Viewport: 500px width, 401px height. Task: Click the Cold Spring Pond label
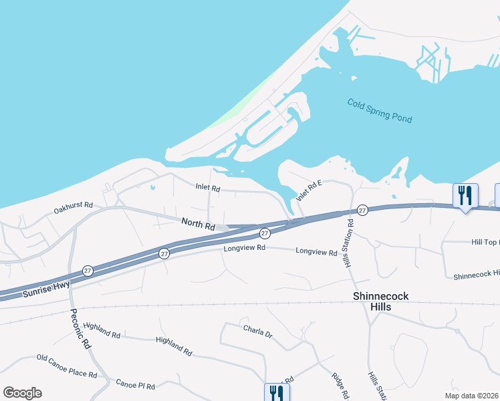(380, 111)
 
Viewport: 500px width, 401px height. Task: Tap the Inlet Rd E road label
(309, 192)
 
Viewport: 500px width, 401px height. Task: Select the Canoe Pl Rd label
(135, 386)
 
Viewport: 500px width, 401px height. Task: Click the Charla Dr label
(258, 331)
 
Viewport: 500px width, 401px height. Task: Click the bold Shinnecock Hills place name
(382, 301)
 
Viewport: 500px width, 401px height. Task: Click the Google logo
(22, 393)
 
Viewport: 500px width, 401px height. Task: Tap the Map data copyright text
(472, 396)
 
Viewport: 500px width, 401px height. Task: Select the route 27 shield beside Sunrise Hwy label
(88, 271)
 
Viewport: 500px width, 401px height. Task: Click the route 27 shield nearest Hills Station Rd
(362, 210)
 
